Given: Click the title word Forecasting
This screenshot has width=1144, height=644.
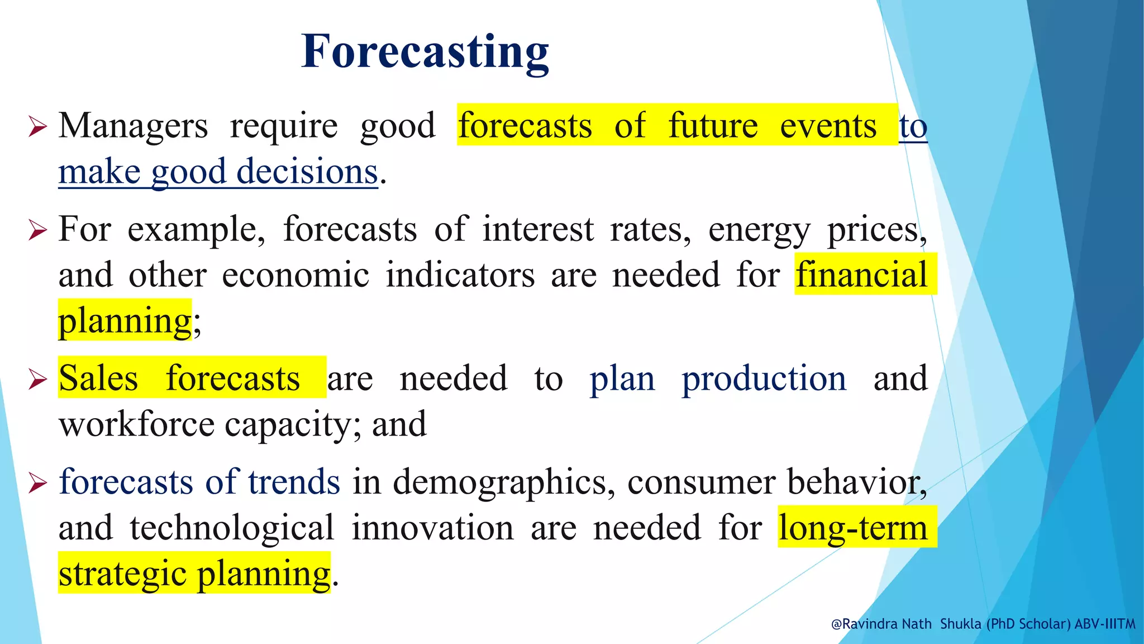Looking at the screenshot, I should (x=425, y=51).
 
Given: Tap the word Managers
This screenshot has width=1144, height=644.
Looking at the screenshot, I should (x=133, y=126).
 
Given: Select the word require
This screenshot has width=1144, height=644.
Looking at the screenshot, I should (x=284, y=126).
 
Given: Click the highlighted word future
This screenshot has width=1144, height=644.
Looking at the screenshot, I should (x=713, y=126).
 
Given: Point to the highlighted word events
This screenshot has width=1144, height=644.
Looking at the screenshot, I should (x=828, y=126).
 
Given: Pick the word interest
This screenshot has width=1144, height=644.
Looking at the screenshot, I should (x=538, y=229).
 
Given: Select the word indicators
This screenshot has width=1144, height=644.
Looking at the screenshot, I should (x=460, y=275).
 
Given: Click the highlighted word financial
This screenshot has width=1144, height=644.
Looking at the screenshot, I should (x=861, y=275).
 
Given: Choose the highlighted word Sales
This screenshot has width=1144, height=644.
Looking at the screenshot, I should (x=98, y=378).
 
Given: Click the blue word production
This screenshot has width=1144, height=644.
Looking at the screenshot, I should (x=764, y=378).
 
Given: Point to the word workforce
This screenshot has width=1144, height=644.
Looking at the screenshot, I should (x=136, y=424).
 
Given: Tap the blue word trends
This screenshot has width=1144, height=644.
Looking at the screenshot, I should (x=294, y=482).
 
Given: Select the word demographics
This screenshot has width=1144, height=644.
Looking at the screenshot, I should (x=499, y=482).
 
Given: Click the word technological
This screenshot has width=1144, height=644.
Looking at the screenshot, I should (x=232, y=528).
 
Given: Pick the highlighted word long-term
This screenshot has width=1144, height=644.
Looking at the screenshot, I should (x=853, y=528).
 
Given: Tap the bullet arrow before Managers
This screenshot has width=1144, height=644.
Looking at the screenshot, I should (x=37, y=127).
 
